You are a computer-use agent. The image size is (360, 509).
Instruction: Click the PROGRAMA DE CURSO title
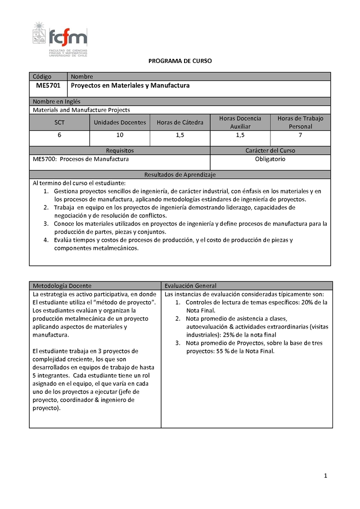[x=180, y=61]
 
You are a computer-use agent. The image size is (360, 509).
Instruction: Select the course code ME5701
[x=48, y=85]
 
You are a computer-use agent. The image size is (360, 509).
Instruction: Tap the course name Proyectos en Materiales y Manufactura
[x=130, y=85]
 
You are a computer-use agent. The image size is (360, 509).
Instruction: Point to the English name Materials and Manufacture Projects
[x=81, y=110]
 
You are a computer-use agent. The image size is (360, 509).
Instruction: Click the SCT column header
[x=59, y=122]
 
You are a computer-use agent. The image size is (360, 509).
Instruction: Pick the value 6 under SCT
[x=59, y=135]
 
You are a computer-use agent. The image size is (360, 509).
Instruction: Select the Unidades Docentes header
[x=120, y=122]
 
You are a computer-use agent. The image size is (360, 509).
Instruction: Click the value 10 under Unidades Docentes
[x=120, y=135]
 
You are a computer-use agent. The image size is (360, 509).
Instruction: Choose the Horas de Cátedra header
[x=180, y=122]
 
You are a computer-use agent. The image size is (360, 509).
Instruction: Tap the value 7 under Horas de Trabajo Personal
[x=300, y=135]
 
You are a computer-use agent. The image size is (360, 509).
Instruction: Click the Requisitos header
[x=120, y=151]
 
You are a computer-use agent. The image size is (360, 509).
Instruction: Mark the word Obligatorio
[x=270, y=159]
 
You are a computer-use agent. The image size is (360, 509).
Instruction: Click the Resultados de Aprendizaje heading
[x=180, y=174]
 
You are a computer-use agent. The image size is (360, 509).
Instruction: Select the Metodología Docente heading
[x=62, y=286]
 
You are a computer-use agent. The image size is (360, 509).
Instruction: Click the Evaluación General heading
[x=190, y=286]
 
